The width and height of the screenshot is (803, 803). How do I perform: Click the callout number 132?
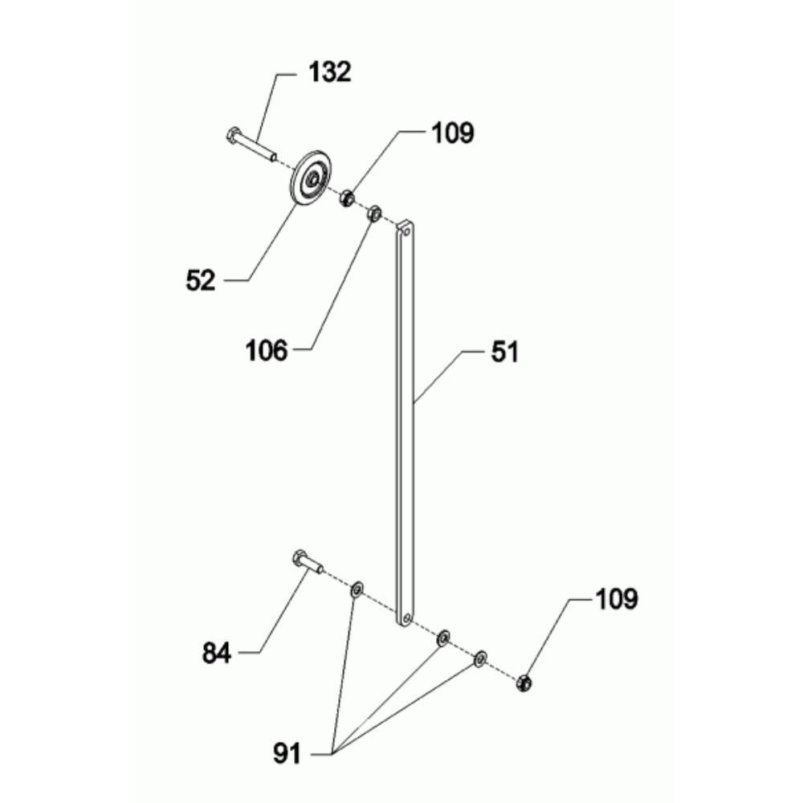click(x=330, y=71)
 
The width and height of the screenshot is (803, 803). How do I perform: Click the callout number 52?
click(x=201, y=280)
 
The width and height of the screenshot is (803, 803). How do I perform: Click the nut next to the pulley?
click(x=347, y=198)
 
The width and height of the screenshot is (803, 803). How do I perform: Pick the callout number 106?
click(x=267, y=350)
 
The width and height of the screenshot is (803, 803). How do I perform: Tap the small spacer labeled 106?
click(x=373, y=214)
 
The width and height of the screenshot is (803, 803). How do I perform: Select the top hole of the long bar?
click(x=406, y=230)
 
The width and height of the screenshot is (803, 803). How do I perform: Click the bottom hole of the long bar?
click(x=406, y=618)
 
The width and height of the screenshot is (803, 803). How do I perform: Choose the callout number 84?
click(x=217, y=654)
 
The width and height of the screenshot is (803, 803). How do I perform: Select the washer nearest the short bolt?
click(x=357, y=590)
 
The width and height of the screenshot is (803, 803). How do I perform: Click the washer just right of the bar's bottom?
click(x=442, y=638)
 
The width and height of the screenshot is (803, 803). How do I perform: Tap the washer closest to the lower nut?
click(x=480, y=659)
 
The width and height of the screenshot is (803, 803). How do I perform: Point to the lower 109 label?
click(x=616, y=599)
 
